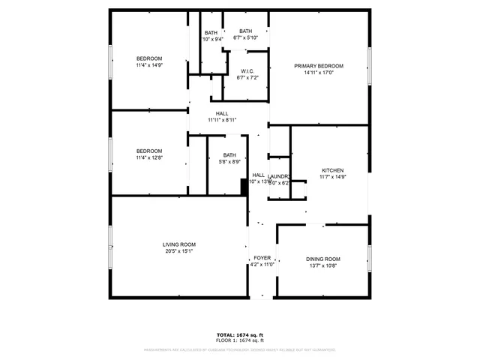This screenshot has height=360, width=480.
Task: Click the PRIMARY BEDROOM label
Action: pyautogui.click(x=319, y=66)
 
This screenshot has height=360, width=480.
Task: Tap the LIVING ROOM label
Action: pyautogui.click(x=179, y=244)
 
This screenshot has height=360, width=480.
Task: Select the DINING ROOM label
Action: pyautogui.click(x=322, y=259)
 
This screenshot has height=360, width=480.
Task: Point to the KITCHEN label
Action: pyautogui.click(x=332, y=170)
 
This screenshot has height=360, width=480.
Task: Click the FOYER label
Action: pyautogui.click(x=261, y=257)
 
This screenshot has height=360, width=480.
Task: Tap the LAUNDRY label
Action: pyautogui.click(x=279, y=176)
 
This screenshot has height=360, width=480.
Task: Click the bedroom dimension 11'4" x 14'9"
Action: pyautogui.click(x=148, y=65)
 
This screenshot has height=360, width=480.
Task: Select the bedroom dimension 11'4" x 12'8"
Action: pyautogui.click(x=148, y=157)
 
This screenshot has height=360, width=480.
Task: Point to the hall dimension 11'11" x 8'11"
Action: pyautogui.click(x=222, y=120)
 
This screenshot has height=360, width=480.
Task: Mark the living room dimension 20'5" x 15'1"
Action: pyautogui.click(x=179, y=251)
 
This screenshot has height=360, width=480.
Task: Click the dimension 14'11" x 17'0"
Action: pyautogui.click(x=319, y=73)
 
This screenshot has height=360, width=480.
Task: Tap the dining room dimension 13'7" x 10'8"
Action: pyautogui.click(x=322, y=265)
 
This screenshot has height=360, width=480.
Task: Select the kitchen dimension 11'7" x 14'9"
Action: pyautogui.click(x=332, y=177)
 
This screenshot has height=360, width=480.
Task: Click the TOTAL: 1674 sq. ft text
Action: pyautogui.click(x=240, y=334)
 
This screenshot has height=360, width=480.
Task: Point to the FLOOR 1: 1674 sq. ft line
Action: pyautogui.click(x=240, y=340)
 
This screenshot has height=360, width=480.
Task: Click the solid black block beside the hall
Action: pyautogui.click(x=244, y=187)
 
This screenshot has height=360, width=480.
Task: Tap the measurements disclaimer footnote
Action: pyautogui.click(x=240, y=349)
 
